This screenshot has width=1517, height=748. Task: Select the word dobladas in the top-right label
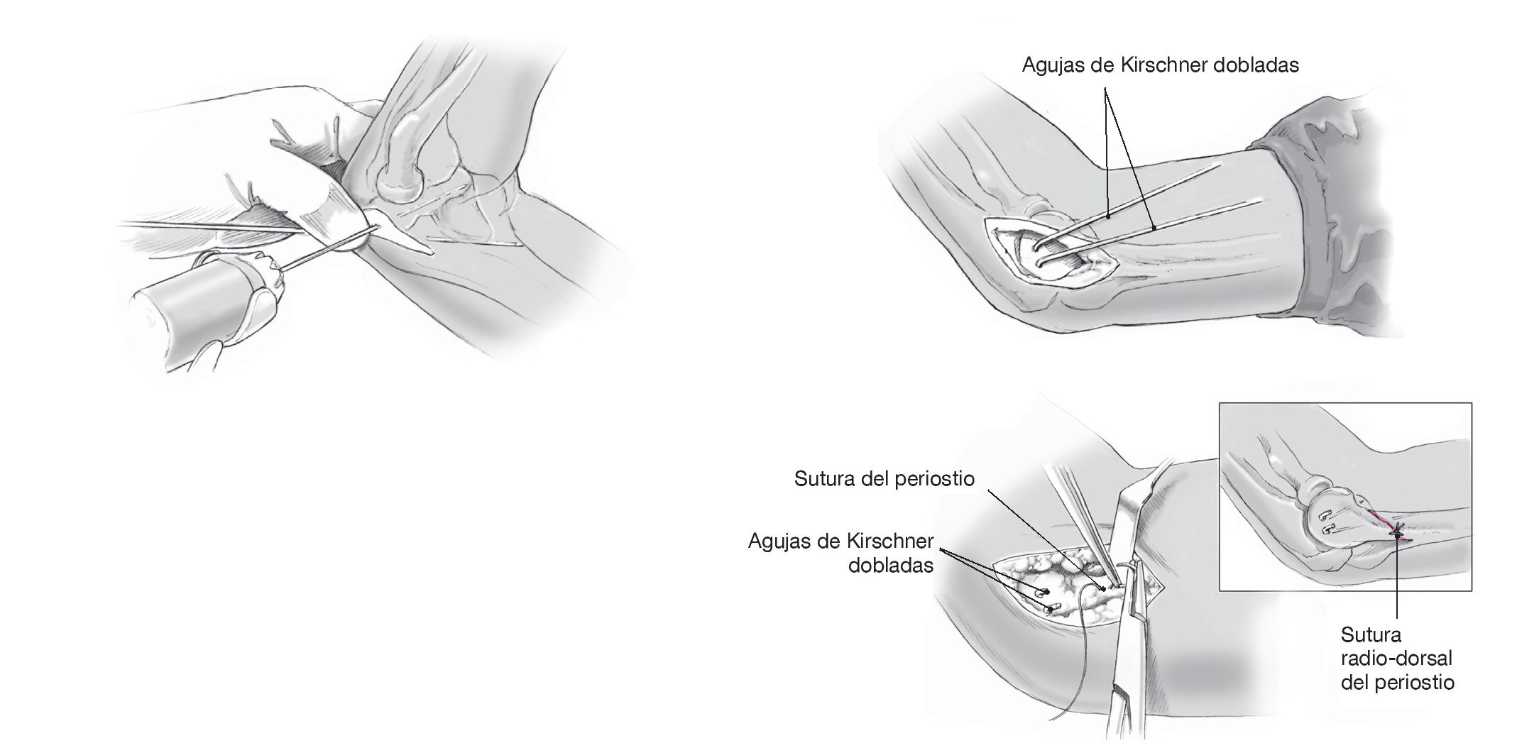pyautogui.click(x=1256, y=65)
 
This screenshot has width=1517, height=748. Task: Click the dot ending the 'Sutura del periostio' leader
pyautogui.click(x=1103, y=588)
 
